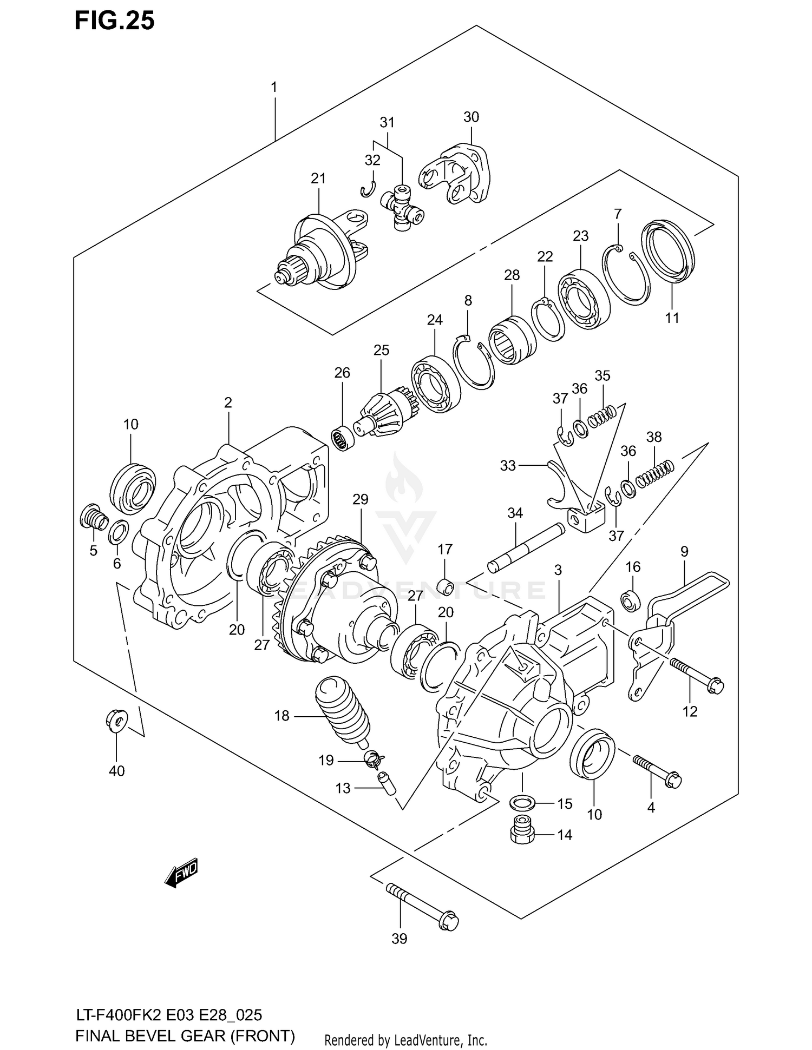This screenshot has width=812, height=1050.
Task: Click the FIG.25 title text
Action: click(114, 20)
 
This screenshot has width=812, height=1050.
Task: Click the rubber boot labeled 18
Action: click(342, 706)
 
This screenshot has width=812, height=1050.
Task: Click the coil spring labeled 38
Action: click(654, 472)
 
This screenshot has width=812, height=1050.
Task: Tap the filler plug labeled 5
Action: click(94, 517)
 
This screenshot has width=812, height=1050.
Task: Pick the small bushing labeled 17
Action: click(445, 586)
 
